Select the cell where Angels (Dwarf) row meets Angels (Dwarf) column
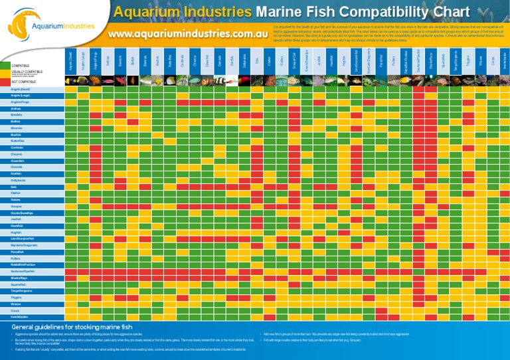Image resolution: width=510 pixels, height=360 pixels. click(x=71, y=89)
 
